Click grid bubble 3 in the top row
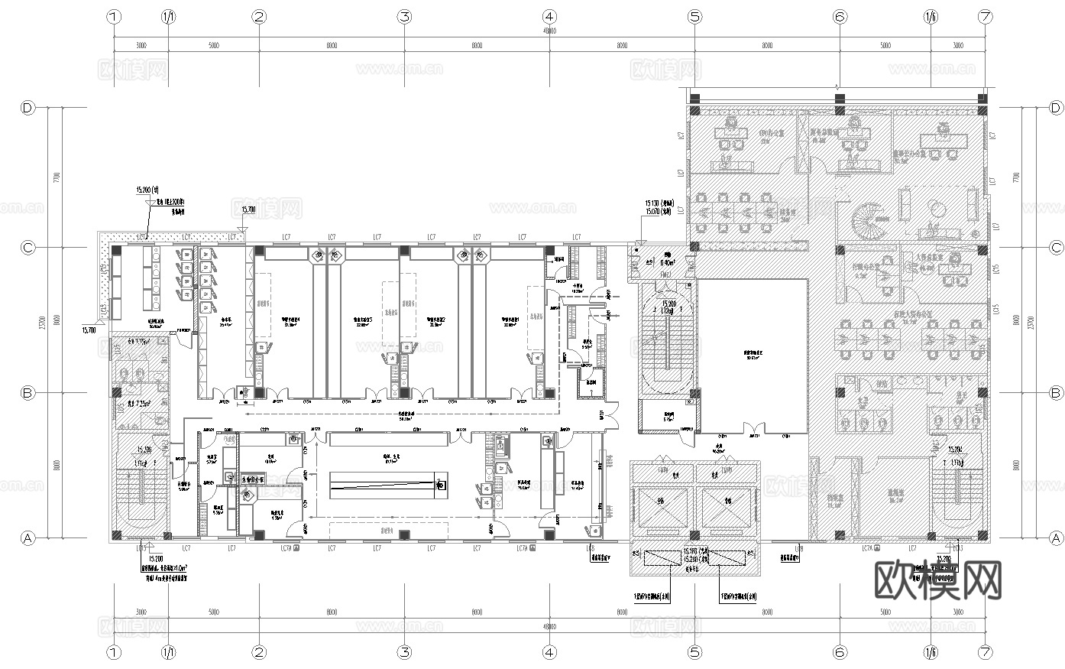click(x=404, y=16)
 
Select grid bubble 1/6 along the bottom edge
click(x=931, y=652)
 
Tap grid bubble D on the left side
click(x=28, y=108)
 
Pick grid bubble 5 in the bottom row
click(x=694, y=652)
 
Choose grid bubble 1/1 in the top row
click(x=169, y=16)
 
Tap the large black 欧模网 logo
click(x=937, y=581)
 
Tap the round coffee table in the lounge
click(x=937, y=207)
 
